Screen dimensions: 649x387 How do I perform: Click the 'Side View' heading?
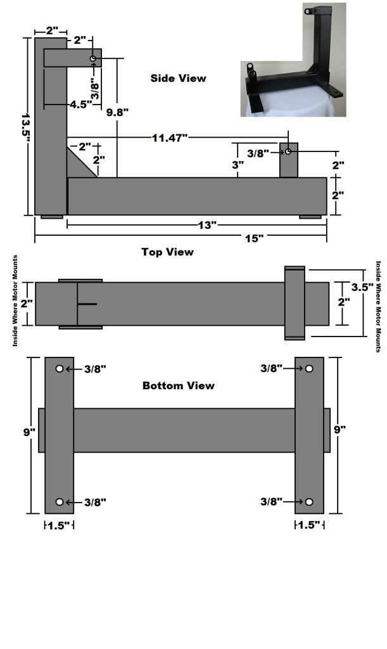tap(178, 79)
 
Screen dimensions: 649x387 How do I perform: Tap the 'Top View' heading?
tap(167, 252)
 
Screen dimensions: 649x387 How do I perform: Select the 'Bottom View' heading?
tap(178, 385)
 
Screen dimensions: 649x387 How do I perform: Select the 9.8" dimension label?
tap(118, 112)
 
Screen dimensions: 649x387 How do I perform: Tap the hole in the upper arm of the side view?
tap(93, 59)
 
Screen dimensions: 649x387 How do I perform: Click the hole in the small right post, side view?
tap(288, 152)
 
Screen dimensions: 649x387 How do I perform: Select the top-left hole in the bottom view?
tap(60, 369)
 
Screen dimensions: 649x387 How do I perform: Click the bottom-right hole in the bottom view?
tap(309, 502)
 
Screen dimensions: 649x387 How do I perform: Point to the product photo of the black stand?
tap(293, 60)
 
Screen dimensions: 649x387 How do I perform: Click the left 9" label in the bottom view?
tap(28, 432)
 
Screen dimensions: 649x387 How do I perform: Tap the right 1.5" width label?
tap(309, 525)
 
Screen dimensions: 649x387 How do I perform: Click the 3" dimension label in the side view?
tap(238, 164)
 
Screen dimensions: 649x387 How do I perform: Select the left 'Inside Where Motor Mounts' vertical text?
tap(15, 301)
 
